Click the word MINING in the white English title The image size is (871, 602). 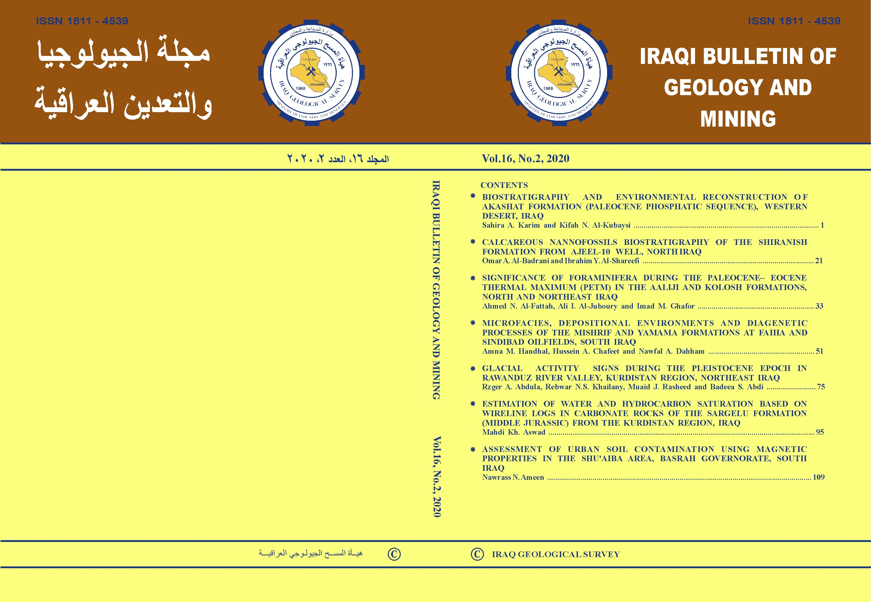tap(738, 119)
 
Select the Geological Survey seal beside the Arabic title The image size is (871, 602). tap(311, 72)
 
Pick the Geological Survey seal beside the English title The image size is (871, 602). tap(559, 72)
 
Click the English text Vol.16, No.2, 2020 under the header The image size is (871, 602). tap(525, 158)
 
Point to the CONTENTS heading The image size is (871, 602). tap(504, 185)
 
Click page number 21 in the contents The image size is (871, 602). tap(819, 261)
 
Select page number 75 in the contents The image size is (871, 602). tap(821, 387)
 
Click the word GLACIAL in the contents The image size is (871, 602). tap(502, 368)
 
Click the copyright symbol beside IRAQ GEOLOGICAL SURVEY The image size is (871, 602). tap(477, 554)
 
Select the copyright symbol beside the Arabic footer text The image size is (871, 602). tap(394, 554)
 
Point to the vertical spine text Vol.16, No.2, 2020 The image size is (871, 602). tap(437, 477)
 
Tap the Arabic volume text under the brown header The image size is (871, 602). tap(338, 159)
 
